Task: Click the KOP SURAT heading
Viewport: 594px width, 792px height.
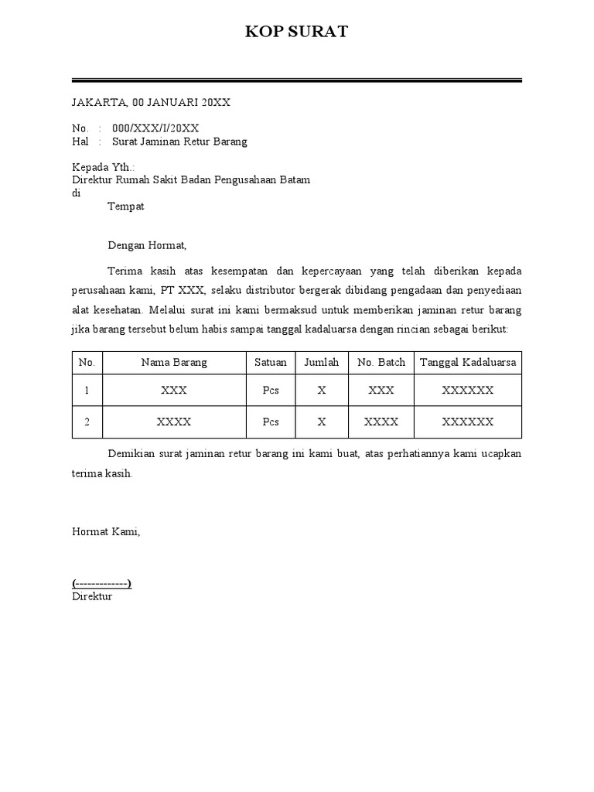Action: coord(297,32)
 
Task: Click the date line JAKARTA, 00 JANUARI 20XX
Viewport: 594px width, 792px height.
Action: coord(151,102)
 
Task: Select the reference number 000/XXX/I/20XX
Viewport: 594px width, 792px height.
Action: coord(155,128)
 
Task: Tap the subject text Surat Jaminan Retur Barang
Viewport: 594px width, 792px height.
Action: coord(179,142)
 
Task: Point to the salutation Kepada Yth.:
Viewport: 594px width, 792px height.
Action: coord(103,167)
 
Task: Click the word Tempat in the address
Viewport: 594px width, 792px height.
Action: coord(125,207)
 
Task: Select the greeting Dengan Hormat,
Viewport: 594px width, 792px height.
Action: coord(147,246)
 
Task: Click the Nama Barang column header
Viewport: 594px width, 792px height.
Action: coord(174,362)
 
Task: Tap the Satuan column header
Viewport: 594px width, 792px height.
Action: coord(270,362)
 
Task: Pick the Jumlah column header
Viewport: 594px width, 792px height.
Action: coord(322,362)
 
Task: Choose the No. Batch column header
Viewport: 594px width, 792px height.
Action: coord(381,362)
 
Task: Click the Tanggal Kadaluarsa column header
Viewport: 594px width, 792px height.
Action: coord(467,362)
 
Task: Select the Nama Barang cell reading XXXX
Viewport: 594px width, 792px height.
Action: coord(174,422)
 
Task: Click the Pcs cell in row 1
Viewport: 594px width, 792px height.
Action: coord(270,391)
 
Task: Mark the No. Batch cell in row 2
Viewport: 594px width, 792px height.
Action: coord(381,422)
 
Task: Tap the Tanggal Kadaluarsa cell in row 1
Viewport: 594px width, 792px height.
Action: coord(467,391)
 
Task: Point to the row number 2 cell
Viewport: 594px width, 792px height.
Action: coord(87,422)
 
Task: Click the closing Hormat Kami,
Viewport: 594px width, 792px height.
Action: coord(106,532)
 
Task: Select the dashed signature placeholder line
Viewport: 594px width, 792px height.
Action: coord(101,584)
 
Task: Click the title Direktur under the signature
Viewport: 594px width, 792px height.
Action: coord(92,596)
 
